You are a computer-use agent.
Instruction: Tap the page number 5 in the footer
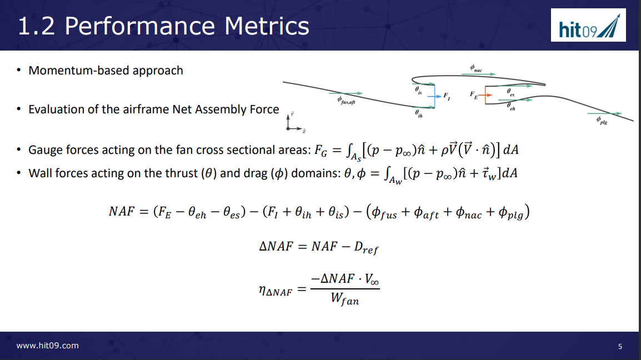tap(620, 347)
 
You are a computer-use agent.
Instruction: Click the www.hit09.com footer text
tap(48, 346)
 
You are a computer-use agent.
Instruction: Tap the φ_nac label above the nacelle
tap(475, 68)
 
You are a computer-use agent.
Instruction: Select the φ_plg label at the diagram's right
tap(601, 120)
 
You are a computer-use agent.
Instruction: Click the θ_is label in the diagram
tap(418, 89)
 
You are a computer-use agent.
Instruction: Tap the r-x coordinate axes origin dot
tap(288, 128)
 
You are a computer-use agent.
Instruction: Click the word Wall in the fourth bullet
tap(39, 173)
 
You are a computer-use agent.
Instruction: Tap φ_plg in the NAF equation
tap(508, 213)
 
